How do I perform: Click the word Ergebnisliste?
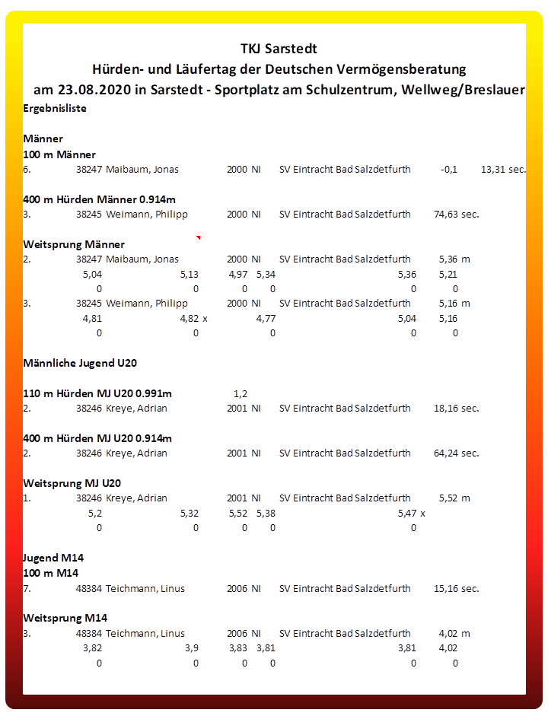click(x=55, y=109)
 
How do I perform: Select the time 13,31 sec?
click(x=503, y=170)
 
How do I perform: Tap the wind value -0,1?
click(x=449, y=170)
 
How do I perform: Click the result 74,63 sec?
click(x=456, y=215)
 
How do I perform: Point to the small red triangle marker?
click(x=198, y=238)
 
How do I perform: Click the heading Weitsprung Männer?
click(x=74, y=244)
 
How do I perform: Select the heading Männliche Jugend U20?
click(x=80, y=364)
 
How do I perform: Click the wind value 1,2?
click(x=241, y=394)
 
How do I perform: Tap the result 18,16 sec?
click(x=456, y=409)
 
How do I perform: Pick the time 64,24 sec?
click(x=456, y=453)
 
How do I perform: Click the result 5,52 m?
click(x=454, y=498)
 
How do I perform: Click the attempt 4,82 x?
click(x=193, y=319)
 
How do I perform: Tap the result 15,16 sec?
click(x=456, y=589)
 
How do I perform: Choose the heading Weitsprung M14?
click(x=65, y=618)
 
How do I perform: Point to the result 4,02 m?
click(x=454, y=634)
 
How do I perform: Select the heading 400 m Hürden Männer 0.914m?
click(x=99, y=199)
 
